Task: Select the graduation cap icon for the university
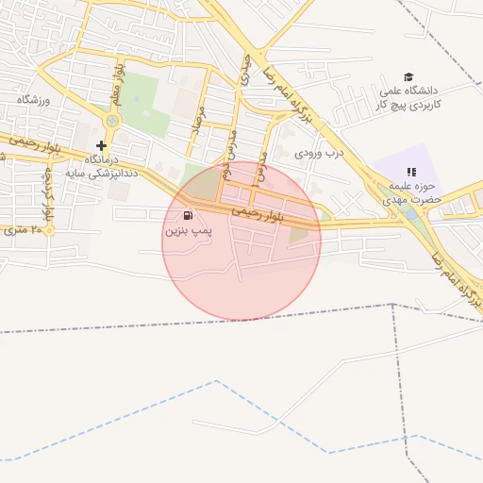[408, 77]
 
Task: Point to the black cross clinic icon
[102, 146]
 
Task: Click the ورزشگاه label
[34, 99]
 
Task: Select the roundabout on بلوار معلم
[113, 121]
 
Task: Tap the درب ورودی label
[321, 151]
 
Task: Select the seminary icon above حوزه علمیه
[410, 172]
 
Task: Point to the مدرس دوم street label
[229, 151]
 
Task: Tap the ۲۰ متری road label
[21, 229]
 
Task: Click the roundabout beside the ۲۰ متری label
[49, 229]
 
